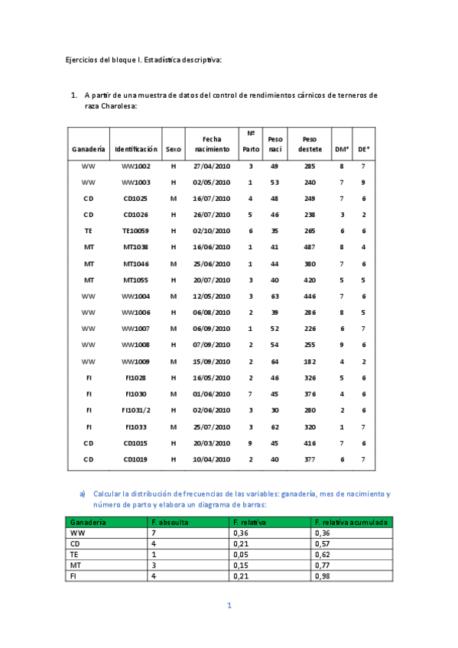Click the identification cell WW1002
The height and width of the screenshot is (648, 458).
pyautogui.click(x=136, y=166)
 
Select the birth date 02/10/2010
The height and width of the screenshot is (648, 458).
pyautogui.click(x=212, y=231)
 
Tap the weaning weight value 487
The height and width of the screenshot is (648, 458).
pyautogui.click(x=310, y=247)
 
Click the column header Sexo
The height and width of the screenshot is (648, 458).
pyautogui.click(x=174, y=149)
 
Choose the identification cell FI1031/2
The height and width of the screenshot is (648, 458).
pyautogui.click(x=136, y=410)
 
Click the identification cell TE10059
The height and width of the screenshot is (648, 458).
pyautogui.click(x=136, y=231)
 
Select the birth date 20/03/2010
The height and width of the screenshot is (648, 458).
pyautogui.click(x=212, y=442)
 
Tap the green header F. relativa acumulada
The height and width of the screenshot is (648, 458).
pyautogui.click(x=352, y=522)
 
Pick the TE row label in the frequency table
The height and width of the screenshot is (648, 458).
pyautogui.click(x=75, y=554)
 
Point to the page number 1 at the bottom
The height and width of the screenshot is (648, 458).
pyautogui.click(x=229, y=606)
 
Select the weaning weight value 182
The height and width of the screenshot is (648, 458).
pyautogui.click(x=310, y=361)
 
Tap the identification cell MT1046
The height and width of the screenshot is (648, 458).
pyautogui.click(x=136, y=263)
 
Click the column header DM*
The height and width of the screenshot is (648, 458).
pyautogui.click(x=342, y=149)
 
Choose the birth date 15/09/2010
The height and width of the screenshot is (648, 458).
pyautogui.click(x=212, y=361)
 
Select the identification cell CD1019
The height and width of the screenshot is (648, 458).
pyautogui.click(x=136, y=458)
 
